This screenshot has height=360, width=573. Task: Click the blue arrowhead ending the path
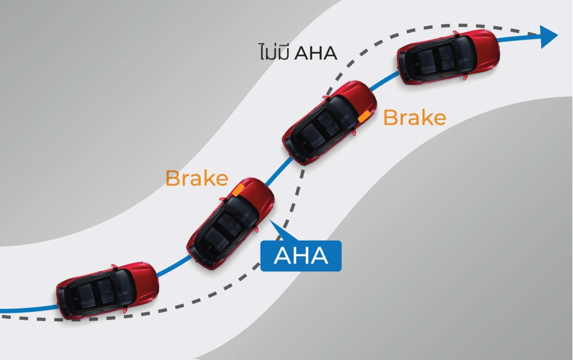[548, 36]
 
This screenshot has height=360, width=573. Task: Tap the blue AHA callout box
[301, 256]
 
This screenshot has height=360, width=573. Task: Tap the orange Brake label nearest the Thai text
[414, 118]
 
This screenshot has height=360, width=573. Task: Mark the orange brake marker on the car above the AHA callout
[239, 189]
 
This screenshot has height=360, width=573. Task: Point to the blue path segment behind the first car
[29, 311]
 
